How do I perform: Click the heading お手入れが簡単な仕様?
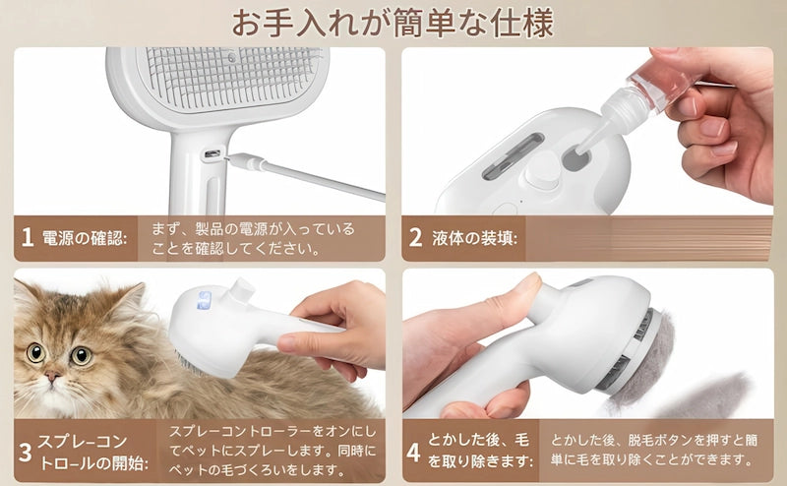(x=393, y=22)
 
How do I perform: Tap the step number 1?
(x=27, y=238)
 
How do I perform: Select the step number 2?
(x=415, y=238)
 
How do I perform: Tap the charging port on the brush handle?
(x=212, y=154)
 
